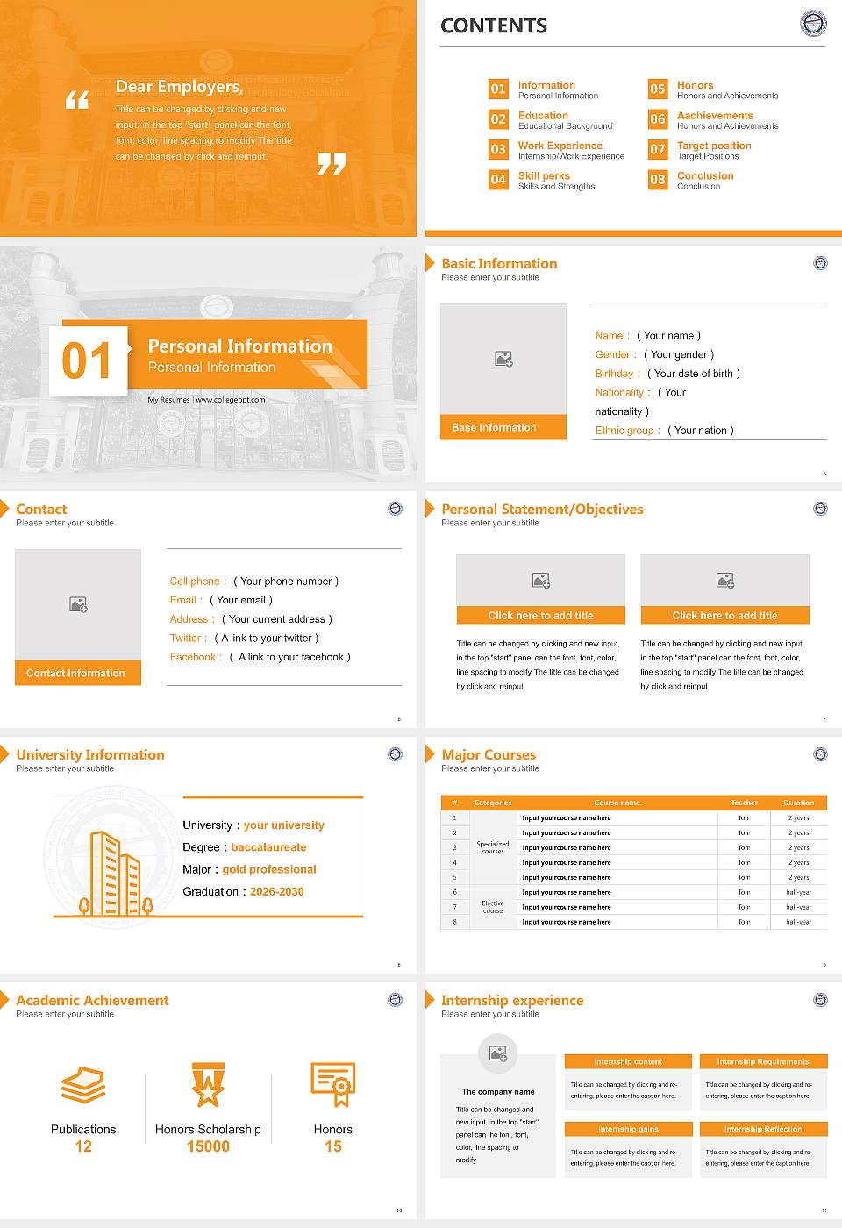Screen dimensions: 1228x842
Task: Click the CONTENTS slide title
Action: tap(494, 26)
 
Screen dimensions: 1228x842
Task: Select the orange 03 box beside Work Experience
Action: tap(498, 149)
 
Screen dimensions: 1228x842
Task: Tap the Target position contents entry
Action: tap(714, 146)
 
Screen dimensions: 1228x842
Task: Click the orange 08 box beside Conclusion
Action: tap(658, 180)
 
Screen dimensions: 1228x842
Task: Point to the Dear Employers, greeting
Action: tap(179, 86)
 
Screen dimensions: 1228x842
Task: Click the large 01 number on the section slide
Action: tap(87, 361)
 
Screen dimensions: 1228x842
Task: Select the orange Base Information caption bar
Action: tap(503, 427)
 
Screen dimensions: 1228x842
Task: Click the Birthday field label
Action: tap(614, 374)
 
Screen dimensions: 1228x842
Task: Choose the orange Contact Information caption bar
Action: tap(78, 673)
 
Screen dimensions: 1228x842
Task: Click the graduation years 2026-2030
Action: tap(276, 892)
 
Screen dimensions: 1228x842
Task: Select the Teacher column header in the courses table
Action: tap(744, 803)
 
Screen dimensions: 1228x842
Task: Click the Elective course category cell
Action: tap(492, 907)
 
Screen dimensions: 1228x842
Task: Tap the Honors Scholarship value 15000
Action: tap(208, 1146)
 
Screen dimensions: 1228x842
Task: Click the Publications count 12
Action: tap(83, 1146)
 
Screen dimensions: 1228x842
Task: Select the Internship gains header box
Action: tap(628, 1129)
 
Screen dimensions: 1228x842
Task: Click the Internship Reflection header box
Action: tap(762, 1129)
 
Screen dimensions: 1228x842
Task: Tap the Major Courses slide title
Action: tap(489, 754)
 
